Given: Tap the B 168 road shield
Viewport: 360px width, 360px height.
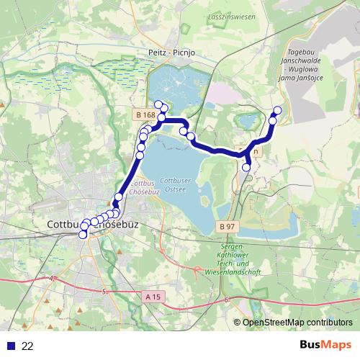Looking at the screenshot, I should pos(145,114).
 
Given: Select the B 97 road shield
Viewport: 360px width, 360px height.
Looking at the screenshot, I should pos(226,226).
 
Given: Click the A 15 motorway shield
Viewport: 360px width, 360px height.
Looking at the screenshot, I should pos(152,295).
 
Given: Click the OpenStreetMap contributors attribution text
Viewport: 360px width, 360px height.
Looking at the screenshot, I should pos(297,323).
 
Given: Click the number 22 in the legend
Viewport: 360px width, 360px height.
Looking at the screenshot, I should pos(28,346).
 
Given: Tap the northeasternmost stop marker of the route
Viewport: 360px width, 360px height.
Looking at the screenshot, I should pos(277,110).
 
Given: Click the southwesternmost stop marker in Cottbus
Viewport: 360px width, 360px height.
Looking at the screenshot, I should pos(83,234).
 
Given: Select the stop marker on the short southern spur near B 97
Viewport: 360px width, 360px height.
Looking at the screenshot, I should pos(247,167).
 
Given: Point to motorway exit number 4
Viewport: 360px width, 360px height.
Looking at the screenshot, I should pos(53,278).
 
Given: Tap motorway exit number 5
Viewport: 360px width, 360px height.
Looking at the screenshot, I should pos(104,291).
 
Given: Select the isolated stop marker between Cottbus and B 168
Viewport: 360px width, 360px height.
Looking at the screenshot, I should pos(119,197).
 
